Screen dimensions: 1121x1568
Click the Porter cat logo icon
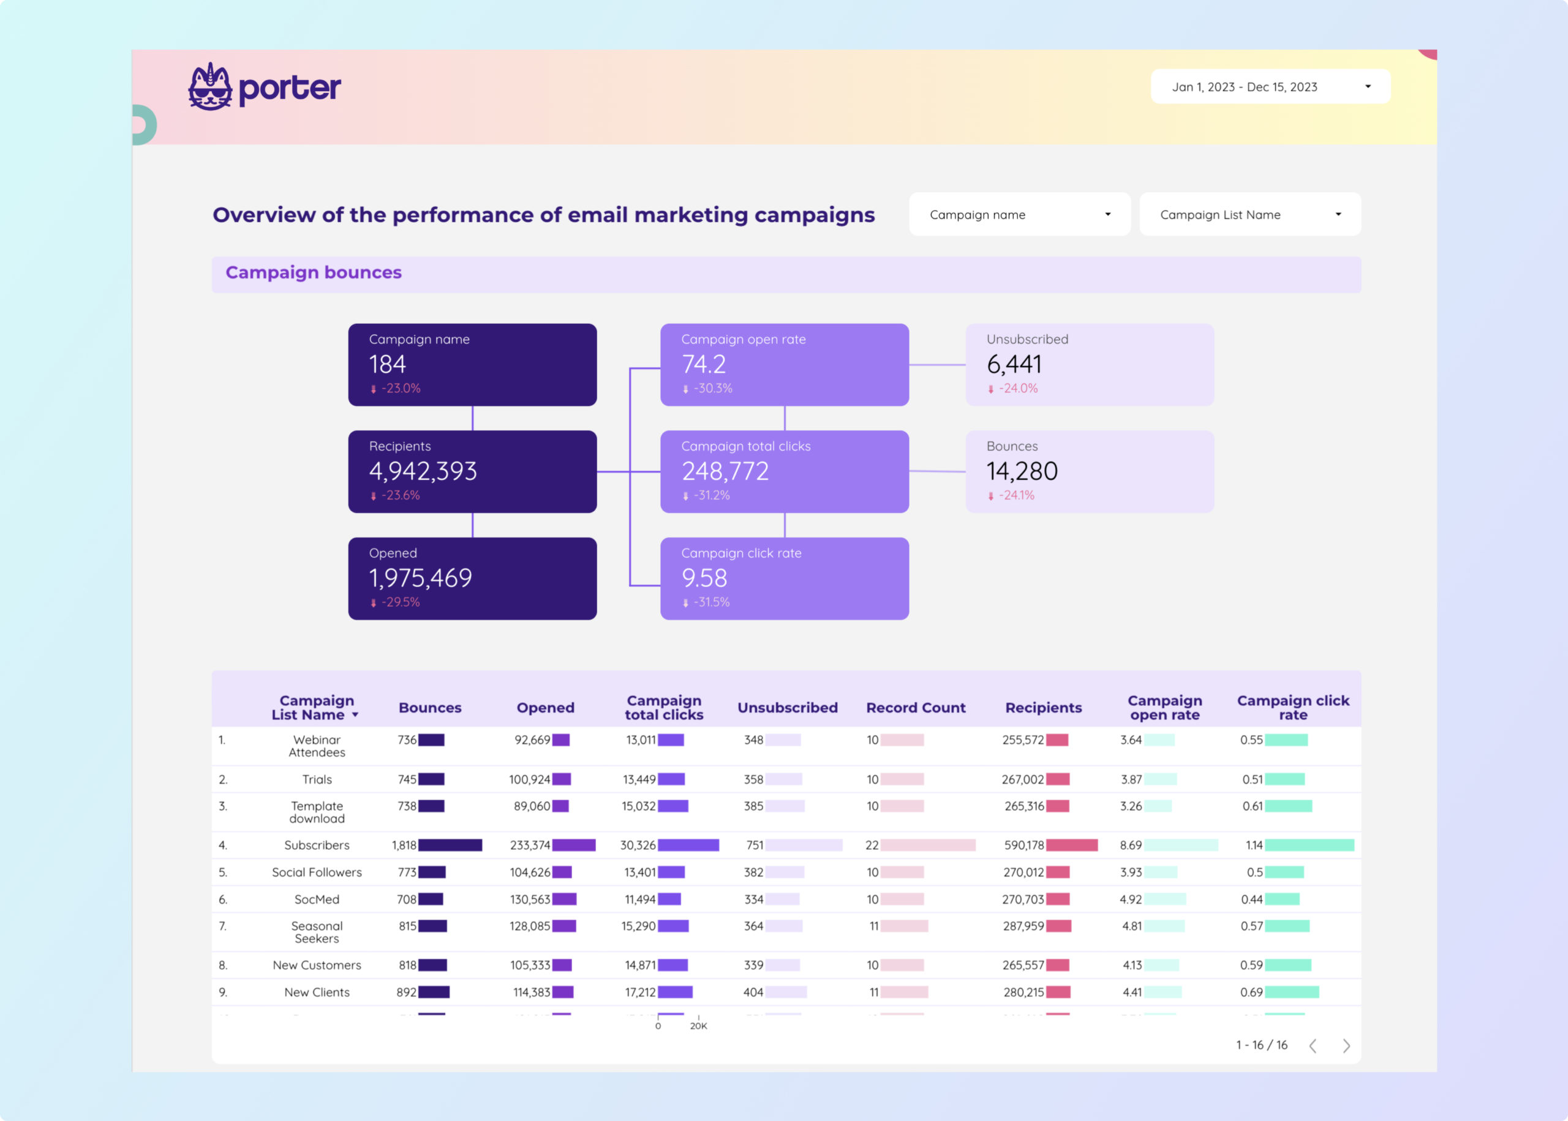coord(210,87)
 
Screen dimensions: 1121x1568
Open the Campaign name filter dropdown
coord(1019,215)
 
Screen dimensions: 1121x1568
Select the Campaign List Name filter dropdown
coord(1249,215)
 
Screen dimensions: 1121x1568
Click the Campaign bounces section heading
coord(314,272)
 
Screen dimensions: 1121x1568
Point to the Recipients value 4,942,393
coord(423,471)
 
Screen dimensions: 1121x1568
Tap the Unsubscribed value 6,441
coord(1014,364)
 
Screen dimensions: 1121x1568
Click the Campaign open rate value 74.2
coord(704,364)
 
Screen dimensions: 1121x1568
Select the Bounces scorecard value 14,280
coord(1022,471)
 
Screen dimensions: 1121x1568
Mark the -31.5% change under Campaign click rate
coord(711,602)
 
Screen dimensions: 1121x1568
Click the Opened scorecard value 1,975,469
coord(420,579)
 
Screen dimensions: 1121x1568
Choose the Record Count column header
coord(916,708)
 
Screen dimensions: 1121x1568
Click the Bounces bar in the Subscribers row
coord(450,845)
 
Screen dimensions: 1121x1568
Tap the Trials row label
coord(317,779)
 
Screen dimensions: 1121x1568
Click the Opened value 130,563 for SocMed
coord(530,899)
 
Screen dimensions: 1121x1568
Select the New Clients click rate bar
coord(1291,992)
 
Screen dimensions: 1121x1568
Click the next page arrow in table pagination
coord(1346,1046)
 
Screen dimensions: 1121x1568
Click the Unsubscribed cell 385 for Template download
coord(753,806)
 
